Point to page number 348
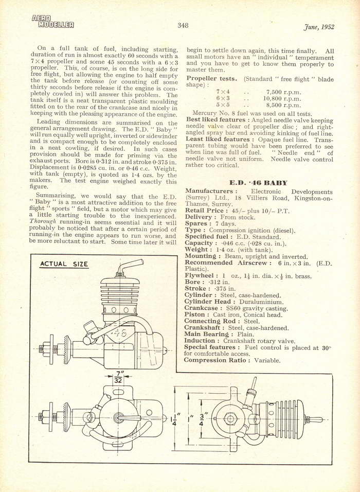[184, 25]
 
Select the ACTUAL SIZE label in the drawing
[64, 265]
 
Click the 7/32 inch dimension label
[119, 377]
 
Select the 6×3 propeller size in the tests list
[222, 98]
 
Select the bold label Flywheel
[202, 275]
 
